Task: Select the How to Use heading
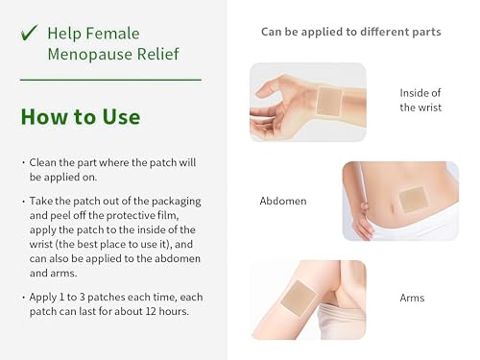(x=81, y=117)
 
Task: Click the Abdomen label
(x=283, y=202)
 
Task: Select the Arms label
(x=413, y=299)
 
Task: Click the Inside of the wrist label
(x=420, y=100)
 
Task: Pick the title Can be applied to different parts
(x=351, y=32)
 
